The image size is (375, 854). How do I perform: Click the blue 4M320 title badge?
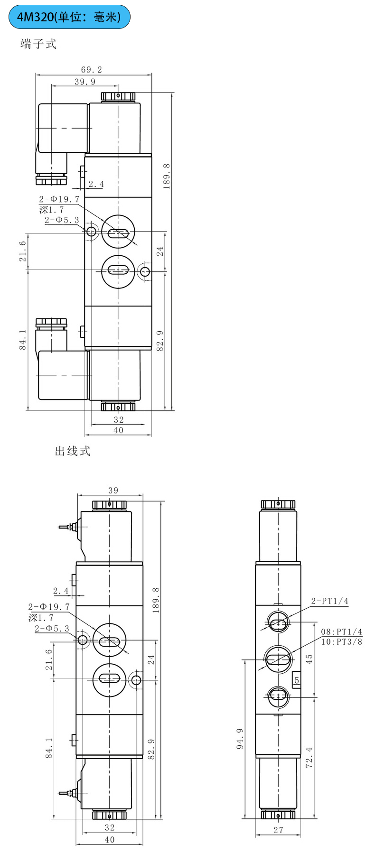click(x=69, y=17)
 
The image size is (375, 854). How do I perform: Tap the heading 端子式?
click(x=38, y=44)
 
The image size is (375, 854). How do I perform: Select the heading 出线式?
click(x=73, y=451)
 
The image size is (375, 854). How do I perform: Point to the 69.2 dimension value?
click(x=92, y=70)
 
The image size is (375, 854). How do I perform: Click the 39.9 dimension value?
click(x=84, y=82)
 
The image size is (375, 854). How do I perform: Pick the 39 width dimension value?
click(x=113, y=491)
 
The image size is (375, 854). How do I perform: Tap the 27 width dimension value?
click(x=278, y=830)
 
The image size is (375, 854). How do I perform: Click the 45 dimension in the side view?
click(x=309, y=659)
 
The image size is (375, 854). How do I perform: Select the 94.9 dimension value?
click(x=240, y=738)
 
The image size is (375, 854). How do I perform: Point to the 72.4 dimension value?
click(x=309, y=757)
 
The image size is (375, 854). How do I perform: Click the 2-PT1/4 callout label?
click(x=330, y=601)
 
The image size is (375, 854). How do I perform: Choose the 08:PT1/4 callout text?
click(x=341, y=632)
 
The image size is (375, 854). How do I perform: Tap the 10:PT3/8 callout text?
click(x=341, y=642)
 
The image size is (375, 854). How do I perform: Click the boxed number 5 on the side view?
click(x=297, y=680)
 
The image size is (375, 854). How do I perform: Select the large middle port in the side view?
click(x=278, y=659)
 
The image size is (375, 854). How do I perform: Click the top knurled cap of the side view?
click(x=278, y=505)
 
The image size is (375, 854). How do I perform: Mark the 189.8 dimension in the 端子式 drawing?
click(x=167, y=176)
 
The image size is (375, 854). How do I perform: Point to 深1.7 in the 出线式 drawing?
click(x=41, y=618)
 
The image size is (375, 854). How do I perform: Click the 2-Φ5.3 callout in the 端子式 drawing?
click(x=62, y=220)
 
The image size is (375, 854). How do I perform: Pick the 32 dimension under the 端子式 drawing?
click(x=119, y=419)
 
